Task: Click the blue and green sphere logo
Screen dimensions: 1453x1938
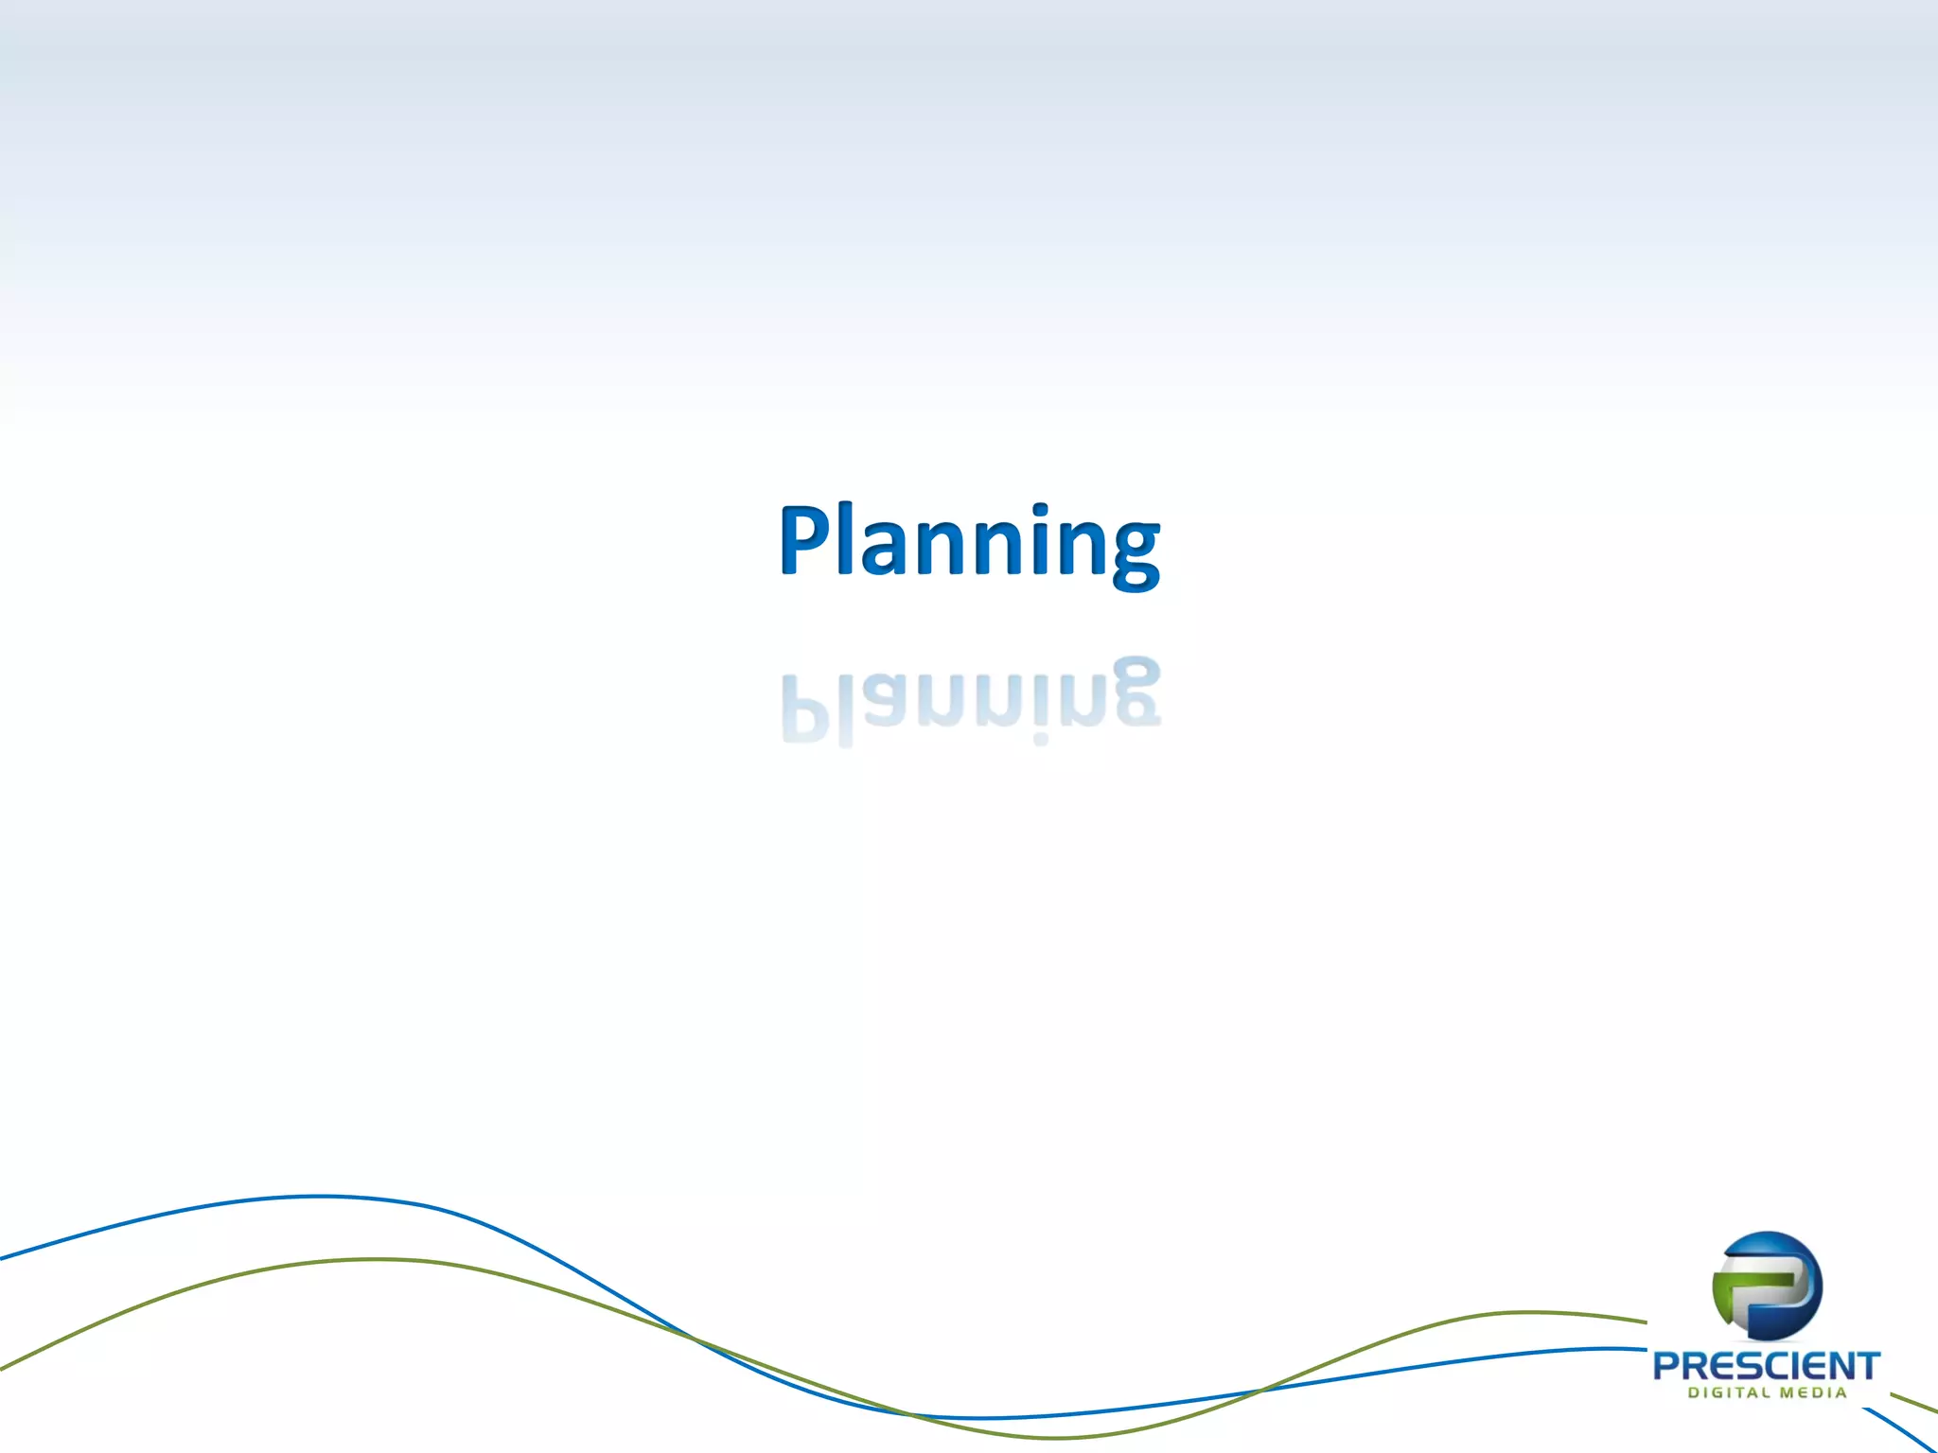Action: click(x=1767, y=1287)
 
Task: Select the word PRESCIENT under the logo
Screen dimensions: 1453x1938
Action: click(x=1766, y=1366)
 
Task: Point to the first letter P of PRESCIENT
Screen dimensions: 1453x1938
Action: click(x=1667, y=1366)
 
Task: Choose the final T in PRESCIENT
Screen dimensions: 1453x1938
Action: click(x=1868, y=1366)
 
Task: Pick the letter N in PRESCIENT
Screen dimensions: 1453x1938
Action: click(x=1841, y=1366)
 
